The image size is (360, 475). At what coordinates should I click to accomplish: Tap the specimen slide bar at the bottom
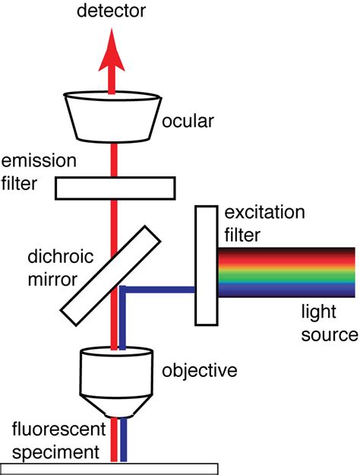click(x=109, y=468)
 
